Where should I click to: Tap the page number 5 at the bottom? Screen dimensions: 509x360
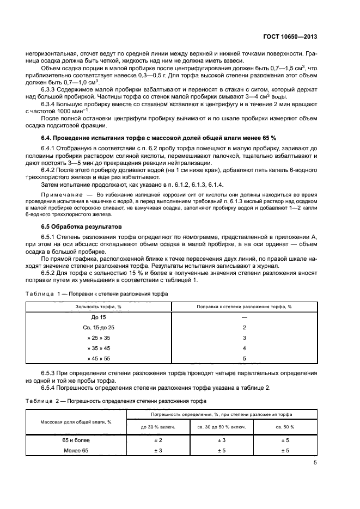pyautogui.click(x=315, y=463)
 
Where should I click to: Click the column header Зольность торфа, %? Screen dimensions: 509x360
pyautogui.click(x=99, y=306)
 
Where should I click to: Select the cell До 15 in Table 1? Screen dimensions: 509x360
pyautogui.click(x=99, y=317)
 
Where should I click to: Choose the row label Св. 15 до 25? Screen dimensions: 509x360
pyautogui.click(x=99, y=327)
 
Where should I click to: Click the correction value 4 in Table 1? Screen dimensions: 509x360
pyautogui.click(x=244, y=348)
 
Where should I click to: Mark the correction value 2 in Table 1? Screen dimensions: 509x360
pyautogui.click(x=244, y=327)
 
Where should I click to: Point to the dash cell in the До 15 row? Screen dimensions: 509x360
pyautogui.click(x=244, y=317)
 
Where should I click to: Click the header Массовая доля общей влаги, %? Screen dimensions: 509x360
pyautogui.click(x=76, y=421)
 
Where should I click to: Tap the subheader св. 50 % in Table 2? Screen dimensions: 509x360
pyautogui.click(x=284, y=427)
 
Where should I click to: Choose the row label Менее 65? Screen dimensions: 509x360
pyautogui.click(x=76, y=451)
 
